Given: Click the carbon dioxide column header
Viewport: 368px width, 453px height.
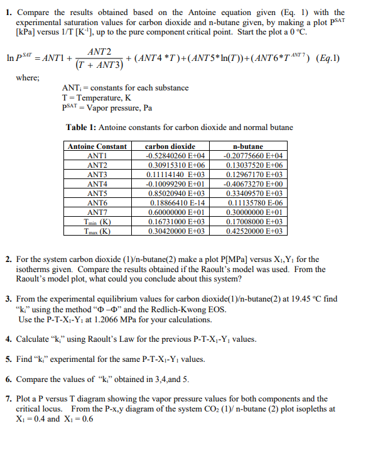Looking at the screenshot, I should (x=170, y=146).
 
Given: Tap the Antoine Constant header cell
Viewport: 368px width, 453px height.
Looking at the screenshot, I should (x=97, y=146).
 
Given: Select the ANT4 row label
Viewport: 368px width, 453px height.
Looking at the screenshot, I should (x=97, y=184).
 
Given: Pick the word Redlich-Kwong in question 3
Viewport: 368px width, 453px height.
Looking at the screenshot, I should (x=170, y=310).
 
